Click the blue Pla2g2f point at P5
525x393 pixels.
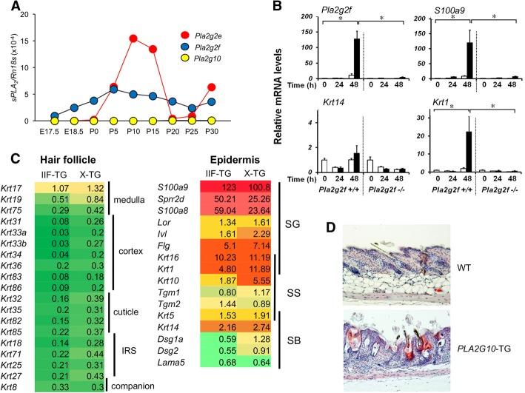113,89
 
